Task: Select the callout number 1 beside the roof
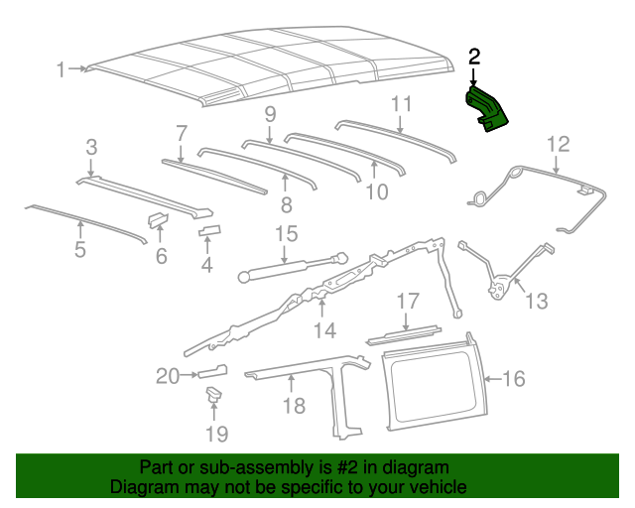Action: coord(62,69)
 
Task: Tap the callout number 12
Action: coord(558,143)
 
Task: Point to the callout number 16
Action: coord(513,378)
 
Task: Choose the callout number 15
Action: coord(286,235)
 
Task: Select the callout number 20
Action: coord(167,375)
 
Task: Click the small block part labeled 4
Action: coord(209,232)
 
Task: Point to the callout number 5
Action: coord(79,249)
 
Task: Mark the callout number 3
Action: coord(91,148)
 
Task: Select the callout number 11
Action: coord(401,103)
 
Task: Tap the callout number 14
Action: coord(324,329)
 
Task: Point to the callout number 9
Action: coord(269,115)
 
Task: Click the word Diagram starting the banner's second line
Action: coord(143,488)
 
